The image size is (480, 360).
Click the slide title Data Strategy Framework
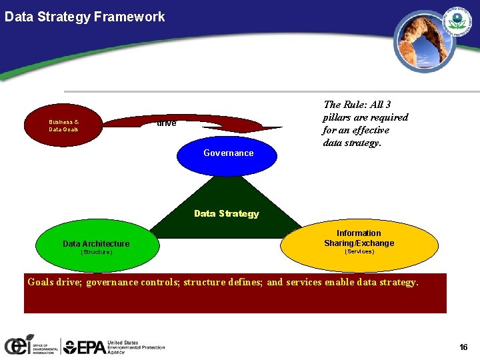coord(85,17)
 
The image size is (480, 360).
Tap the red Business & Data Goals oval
coord(63,125)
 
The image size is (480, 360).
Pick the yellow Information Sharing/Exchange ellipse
coord(359,244)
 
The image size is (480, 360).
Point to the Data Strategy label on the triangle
coord(226,213)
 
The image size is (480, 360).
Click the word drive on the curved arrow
coord(166,124)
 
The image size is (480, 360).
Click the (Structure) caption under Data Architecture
coord(96,253)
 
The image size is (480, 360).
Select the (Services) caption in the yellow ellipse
coord(359,252)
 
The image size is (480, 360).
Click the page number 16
coord(463,347)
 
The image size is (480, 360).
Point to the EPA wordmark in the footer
coord(84,347)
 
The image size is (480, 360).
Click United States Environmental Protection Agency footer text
coord(136,347)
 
